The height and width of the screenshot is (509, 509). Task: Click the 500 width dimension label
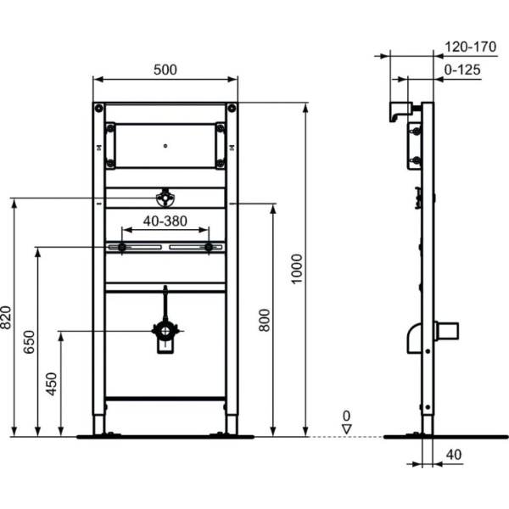point(165,70)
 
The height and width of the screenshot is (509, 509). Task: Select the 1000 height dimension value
point(296,269)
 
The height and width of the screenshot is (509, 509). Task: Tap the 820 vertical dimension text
point(6,319)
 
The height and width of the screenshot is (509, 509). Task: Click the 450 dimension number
point(52,383)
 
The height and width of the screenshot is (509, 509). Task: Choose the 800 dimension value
point(264,320)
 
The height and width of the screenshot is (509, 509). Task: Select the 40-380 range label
point(165,221)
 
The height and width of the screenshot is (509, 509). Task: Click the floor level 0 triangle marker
point(345,428)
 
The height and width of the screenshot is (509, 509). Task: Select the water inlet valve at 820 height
point(165,199)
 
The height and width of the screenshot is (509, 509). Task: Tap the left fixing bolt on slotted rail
point(123,248)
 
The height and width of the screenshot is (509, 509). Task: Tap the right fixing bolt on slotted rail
point(208,248)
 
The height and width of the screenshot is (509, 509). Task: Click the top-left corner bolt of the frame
point(100,109)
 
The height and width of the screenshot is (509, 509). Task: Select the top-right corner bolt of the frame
point(231,109)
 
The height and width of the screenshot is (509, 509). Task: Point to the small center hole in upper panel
point(165,144)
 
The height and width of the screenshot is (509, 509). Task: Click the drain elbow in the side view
point(414,335)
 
